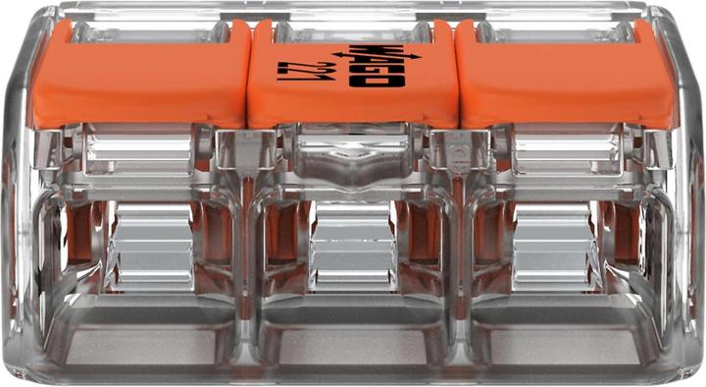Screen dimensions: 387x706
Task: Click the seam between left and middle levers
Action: [246, 74]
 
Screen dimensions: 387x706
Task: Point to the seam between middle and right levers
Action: [457, 74]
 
